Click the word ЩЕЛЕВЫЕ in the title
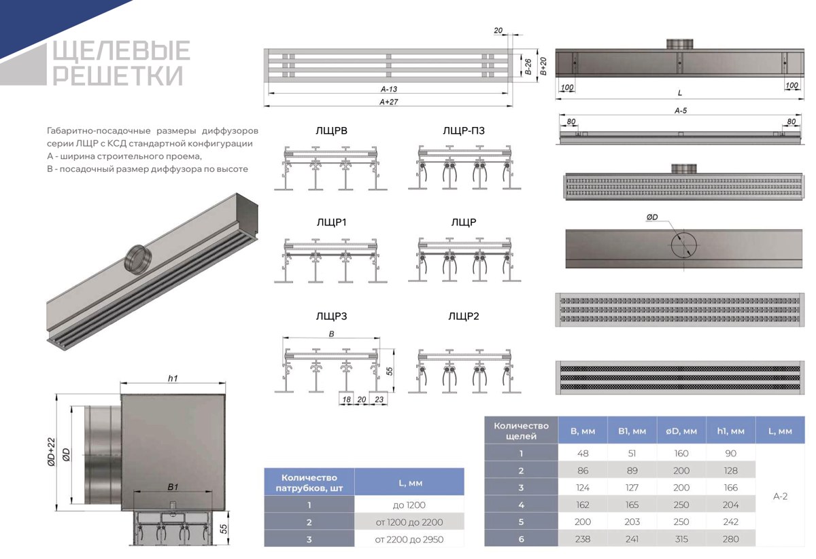121,50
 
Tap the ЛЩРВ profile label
332,130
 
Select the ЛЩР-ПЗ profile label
464,130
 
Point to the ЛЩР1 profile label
332,222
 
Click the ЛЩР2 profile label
464,317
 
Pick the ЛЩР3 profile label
332,317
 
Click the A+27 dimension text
389,102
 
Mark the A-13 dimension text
389,89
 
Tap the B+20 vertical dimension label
543,67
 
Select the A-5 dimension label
681,111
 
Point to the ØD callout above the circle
652,217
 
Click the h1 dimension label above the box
173,378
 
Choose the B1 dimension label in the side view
173,487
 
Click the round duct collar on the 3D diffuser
137,259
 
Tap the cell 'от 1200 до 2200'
409,522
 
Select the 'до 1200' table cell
409,505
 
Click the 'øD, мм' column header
681,431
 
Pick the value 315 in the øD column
681,539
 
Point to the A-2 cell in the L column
780,497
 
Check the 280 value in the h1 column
730,539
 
